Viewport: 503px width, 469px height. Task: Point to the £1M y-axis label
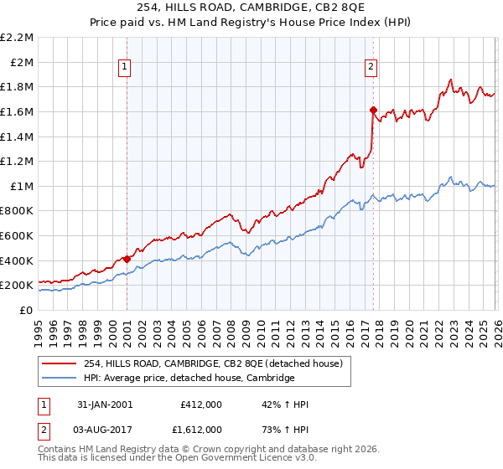click(x=22, y=186)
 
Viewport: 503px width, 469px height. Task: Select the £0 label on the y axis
click(x=27, y=310)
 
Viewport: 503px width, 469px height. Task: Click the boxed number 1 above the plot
click(x=124, y=68)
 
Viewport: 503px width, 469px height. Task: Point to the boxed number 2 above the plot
click(x=371, y=68)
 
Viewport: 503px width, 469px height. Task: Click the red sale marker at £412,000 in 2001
click(x=127, y=259)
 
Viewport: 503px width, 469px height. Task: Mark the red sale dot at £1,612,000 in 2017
click(x=373, y=110)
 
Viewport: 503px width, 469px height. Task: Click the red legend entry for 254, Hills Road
click(x=213, y=364)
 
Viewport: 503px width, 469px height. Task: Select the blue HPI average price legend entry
click(x=189, y=379)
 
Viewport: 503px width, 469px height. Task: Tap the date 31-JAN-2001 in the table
click(x=104, y=405)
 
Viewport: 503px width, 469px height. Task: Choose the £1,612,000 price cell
click(x=201, y=428)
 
